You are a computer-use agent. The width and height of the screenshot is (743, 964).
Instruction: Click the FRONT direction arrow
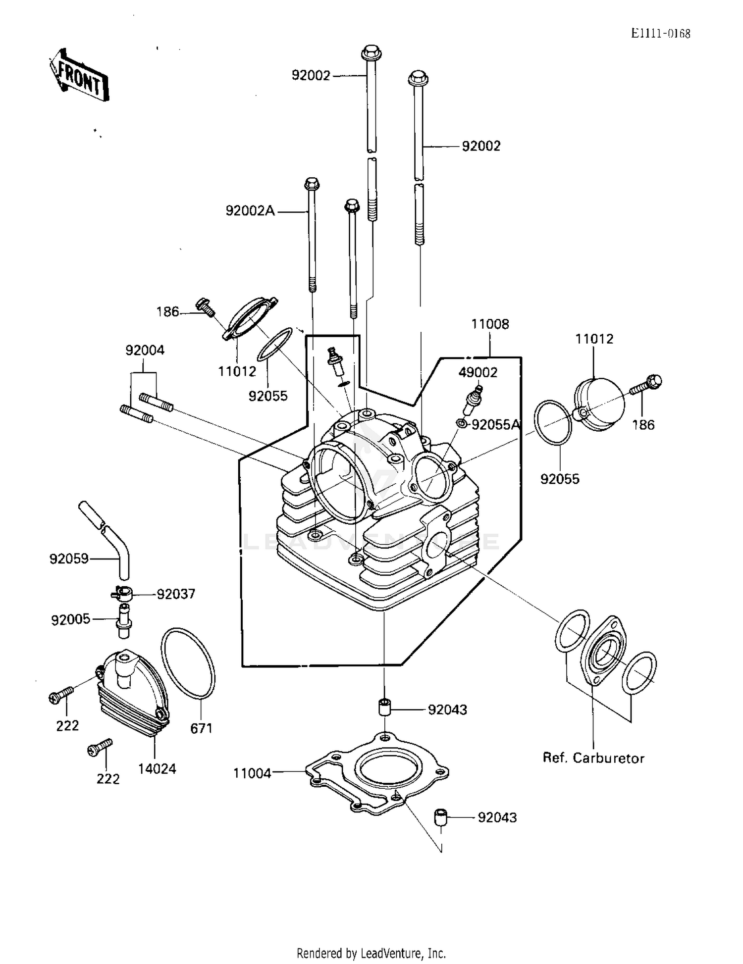click(79, 77)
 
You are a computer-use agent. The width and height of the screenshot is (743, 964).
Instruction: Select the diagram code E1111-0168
click(660, 33)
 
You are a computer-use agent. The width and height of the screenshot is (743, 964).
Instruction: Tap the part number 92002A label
click(250, 211)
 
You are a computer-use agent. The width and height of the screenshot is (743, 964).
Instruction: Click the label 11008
click(490, 324)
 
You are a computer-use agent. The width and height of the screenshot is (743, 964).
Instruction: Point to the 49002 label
click(478, 372)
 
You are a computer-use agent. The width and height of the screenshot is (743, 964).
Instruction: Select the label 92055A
click(495, 425)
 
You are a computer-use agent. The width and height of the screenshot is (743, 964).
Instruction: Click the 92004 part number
click(145, 350)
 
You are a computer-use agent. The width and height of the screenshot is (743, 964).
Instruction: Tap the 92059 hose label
click(69, 558)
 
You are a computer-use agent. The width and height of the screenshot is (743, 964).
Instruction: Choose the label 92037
click(176, 594)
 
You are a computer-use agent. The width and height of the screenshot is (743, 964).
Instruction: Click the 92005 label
click(70, 619)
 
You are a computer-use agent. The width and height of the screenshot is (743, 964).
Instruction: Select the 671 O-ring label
click(201, 728)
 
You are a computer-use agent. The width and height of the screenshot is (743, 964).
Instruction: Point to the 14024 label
click(157, 768)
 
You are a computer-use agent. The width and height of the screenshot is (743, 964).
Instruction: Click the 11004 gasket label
click(252, 773)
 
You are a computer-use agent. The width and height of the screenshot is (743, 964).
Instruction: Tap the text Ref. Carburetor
click(593, 758)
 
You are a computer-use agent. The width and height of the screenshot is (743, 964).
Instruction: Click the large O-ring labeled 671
click(188, 663)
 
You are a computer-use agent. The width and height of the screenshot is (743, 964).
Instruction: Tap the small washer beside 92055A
click(461, 423)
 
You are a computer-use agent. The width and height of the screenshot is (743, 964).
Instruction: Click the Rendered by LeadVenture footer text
click(371, 953)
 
